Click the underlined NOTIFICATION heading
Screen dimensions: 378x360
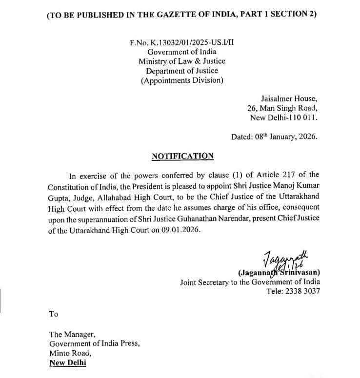click(x=182, y=156)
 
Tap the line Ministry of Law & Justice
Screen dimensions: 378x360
click(x=182, y=61)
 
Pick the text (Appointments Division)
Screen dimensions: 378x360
click(x=182, y=80)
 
